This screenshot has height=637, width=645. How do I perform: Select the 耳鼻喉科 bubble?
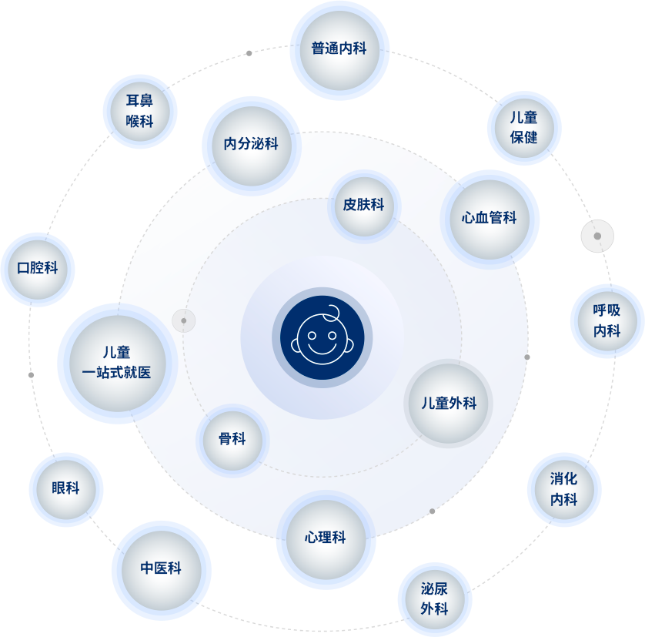139,111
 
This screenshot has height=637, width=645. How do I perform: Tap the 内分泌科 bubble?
251,145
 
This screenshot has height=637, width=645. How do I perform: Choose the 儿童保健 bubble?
524,128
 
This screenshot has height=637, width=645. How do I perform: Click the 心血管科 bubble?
489,219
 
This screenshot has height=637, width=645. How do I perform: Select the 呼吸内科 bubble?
607,321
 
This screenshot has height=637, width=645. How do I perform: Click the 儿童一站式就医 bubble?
117,363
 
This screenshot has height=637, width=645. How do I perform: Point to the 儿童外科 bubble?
448,404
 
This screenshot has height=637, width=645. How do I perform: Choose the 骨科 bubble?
232,440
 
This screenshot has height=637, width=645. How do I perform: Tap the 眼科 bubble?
65,489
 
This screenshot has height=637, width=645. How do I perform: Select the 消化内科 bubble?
564,490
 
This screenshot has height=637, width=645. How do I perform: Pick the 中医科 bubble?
161,570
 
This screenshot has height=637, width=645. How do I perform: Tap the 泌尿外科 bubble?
435,599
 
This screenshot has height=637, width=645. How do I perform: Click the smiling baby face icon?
322,337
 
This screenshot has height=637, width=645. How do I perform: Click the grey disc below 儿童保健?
597,236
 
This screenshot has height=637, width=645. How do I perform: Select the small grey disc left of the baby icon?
184,320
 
